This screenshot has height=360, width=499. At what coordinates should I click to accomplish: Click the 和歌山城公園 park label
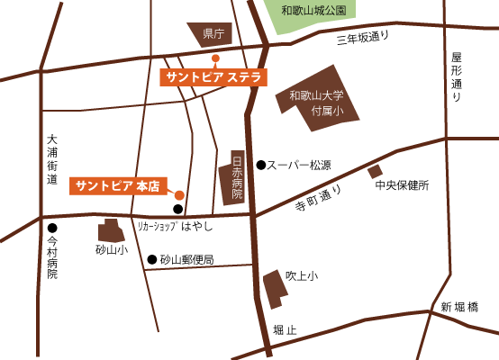pos(313,11)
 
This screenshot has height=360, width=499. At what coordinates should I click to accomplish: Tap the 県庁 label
pos(213,34)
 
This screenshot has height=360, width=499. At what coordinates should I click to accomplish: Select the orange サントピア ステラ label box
pos(213,77)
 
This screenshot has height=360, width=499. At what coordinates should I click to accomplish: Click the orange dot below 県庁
pos(215,58)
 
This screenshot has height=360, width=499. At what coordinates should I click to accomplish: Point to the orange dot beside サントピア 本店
pos(179,195)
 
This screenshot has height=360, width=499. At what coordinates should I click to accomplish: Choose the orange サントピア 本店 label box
pos(118,186)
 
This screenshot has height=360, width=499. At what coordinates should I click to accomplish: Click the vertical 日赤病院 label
pos(237,177)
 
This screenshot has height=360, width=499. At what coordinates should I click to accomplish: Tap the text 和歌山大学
pos(316,95)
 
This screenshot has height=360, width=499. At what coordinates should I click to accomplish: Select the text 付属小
pos(327,111)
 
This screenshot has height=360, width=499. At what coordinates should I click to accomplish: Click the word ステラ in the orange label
pos(244,77)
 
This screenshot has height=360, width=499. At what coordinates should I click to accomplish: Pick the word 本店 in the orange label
pos(148,186)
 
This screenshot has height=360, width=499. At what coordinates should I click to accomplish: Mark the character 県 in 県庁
pos(208,34)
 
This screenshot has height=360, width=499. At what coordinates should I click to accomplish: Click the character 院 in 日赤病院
pos(237,193)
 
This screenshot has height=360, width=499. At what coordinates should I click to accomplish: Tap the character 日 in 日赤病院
pos(237,161)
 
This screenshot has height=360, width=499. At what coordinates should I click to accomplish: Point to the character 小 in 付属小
pos(338,111)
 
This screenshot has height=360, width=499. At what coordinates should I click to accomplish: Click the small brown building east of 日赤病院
pos(375,170)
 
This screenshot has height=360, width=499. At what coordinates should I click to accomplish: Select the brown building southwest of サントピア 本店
pos(110,231)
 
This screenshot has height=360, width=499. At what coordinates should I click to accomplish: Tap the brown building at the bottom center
pos(275,289)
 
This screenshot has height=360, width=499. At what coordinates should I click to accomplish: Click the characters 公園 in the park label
pos(335,11)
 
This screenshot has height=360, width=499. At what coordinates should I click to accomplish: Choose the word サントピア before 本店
pos(104,186)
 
